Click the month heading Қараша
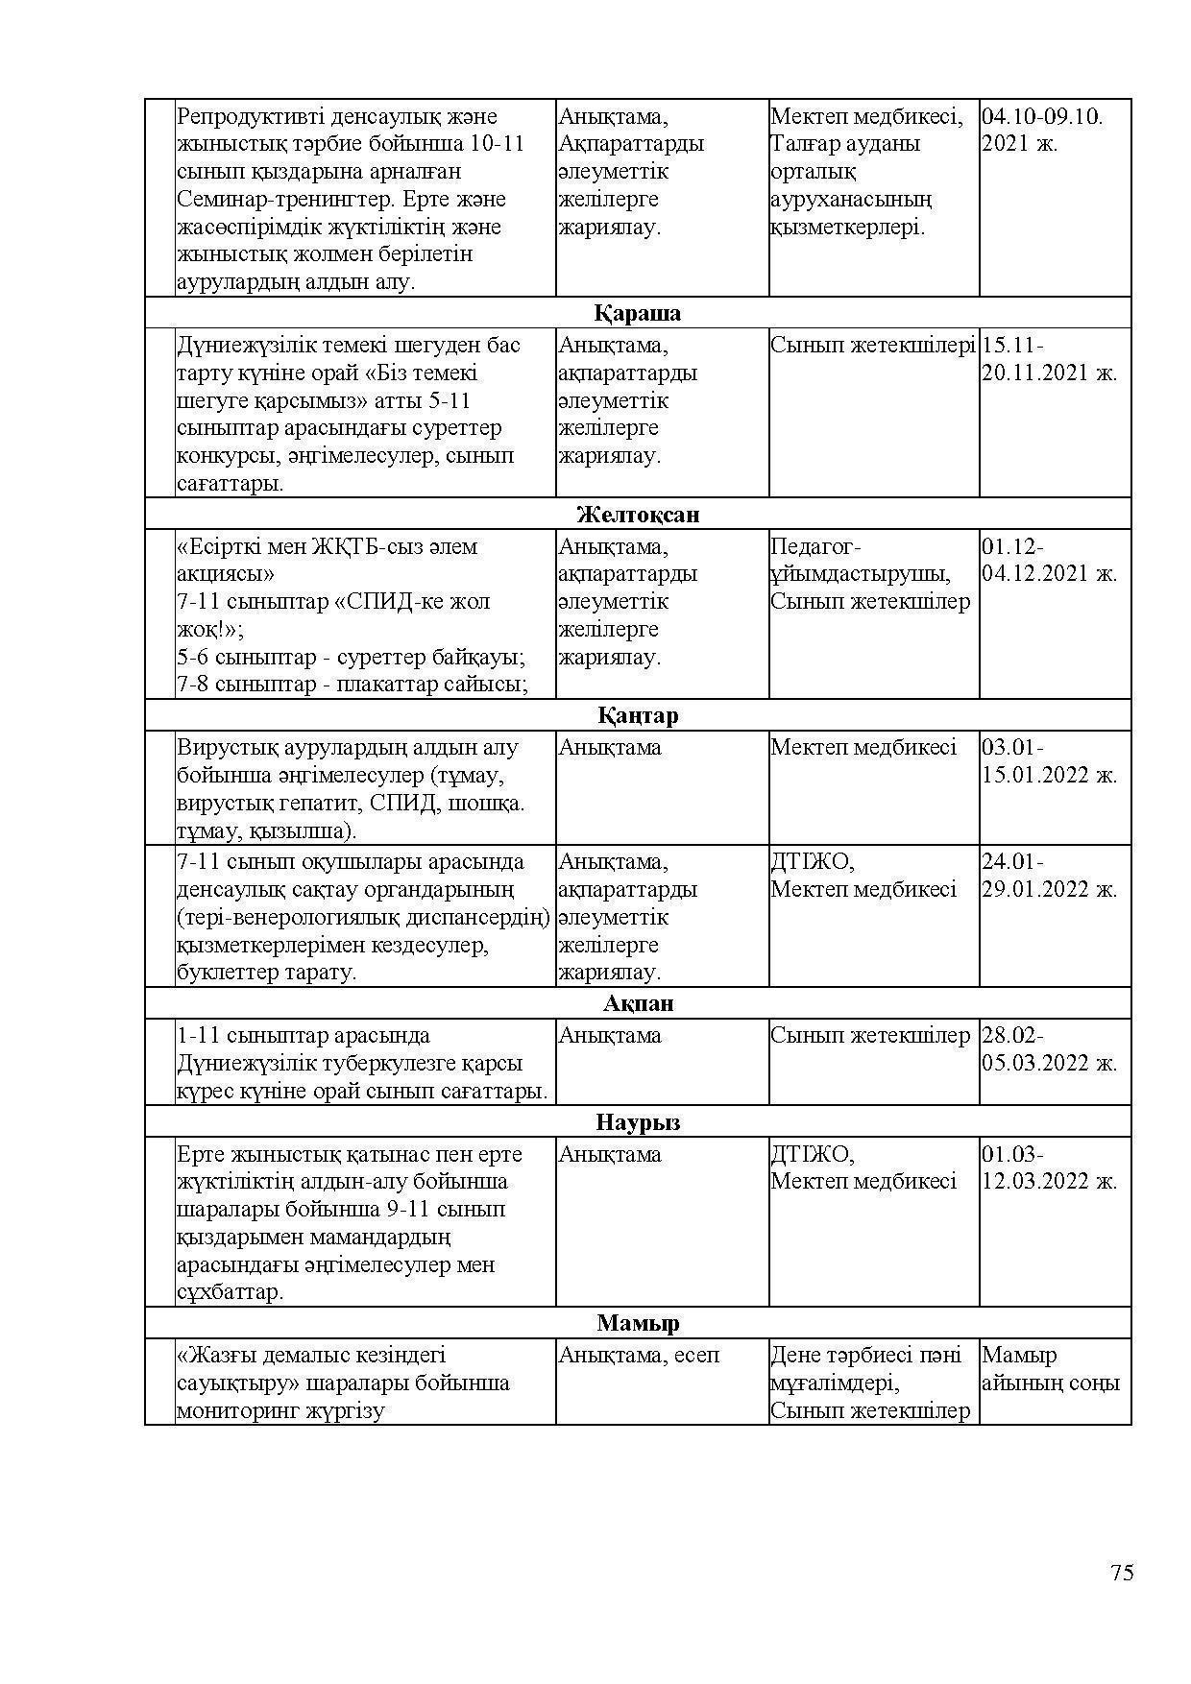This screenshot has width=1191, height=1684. tap(637, 314)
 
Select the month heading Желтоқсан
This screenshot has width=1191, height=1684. tap(637, 515)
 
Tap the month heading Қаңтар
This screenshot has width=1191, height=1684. tap(637, 716)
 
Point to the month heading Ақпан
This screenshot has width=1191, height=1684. tap(638, 1004)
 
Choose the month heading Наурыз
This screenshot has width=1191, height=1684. tap(637, 1122)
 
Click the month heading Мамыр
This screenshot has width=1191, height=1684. tap(637, 1324)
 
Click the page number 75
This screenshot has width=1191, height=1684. tap(1122, 1573)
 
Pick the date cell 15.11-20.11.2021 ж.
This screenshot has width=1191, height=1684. tap(1049, 359)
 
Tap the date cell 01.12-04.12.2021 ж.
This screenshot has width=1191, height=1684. tap(1049, 561)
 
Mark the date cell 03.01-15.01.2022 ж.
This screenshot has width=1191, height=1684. tap(1049, 761)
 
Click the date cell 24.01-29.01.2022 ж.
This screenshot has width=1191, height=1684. tap(1049, 876)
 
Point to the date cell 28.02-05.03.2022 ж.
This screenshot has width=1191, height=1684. tap(1049, 1049)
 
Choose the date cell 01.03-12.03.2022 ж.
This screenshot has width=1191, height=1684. tap(1049, 1168)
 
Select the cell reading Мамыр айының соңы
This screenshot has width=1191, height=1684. tap(1050, 1369)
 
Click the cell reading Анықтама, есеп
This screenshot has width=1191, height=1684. tap(639, 1356)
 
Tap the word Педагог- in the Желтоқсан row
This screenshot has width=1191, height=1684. tap(815, 547)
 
